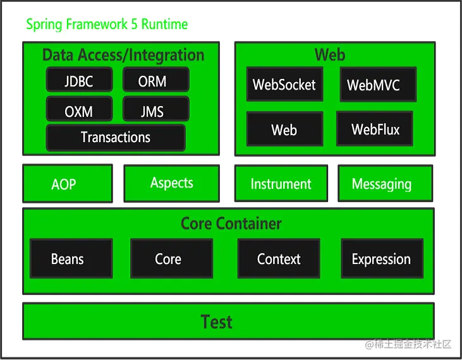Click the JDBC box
[79, 80]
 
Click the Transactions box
[116, 138]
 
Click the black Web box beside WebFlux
[284, 129]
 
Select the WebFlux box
[375, 129]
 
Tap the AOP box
[67, 184]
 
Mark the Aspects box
[172, 183]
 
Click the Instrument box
[281, 184]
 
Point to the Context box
[279, 258]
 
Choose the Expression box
[382, 258]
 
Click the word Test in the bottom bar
[217, 321]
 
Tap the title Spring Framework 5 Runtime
[107, 25]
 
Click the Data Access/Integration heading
[123, 55]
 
